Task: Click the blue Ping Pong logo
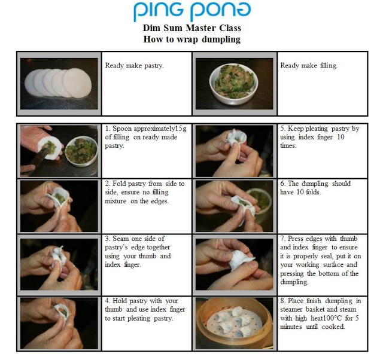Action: (x=192, y=11)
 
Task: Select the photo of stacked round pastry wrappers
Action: (x=59, y=84)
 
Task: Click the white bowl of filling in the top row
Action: (x=234, y=84)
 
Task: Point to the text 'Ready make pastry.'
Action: (x=134, y=65)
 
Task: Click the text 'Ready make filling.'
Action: (x=309, y=65)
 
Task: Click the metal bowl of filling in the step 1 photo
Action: (x=81, y=150)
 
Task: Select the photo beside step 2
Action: (x=59, y=206)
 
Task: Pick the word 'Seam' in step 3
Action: (x=121, y=239)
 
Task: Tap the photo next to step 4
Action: (x=59, y=324)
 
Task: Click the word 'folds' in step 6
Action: (x=312, y=192)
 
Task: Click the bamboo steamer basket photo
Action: (x=234, y=324)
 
